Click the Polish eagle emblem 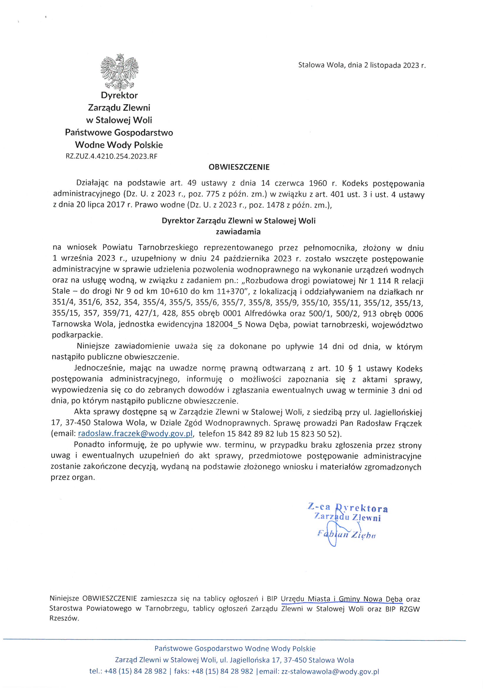coord(119,72)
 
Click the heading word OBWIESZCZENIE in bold coord(239,167)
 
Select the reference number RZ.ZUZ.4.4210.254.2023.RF coord(111,156)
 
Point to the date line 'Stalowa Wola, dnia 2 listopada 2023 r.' coord(361,65)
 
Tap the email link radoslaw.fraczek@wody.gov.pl coord(135,433)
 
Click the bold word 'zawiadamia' coord(238,232)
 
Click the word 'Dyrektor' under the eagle coord(119,95)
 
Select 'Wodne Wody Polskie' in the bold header coord(119,145)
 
